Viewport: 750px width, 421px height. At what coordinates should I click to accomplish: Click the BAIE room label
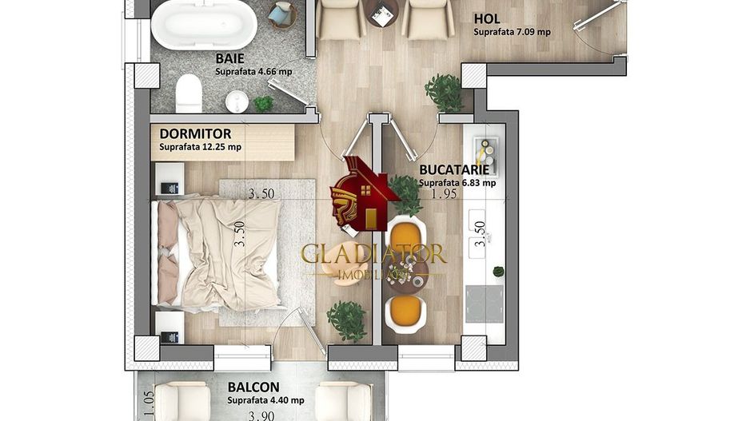[x=230, y=58]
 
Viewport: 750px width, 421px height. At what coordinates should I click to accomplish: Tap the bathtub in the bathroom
[x=204, y=25]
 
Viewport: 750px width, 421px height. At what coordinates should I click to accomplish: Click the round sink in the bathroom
[x=237, y=101]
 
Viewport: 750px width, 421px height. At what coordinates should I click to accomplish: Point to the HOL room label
[x=489, y=18]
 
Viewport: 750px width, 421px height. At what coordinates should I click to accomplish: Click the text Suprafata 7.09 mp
[x=513, y=33]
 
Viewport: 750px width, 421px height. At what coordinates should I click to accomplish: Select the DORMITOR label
[x=195, y=133]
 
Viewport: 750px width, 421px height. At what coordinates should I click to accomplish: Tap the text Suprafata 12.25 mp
[x=200, y=147]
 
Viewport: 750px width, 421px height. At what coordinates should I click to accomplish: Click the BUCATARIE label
[x=453, y=169]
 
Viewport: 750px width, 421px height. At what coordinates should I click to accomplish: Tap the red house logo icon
[x=364, y=194]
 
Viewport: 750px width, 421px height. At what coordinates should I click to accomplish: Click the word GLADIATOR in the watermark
[x=373, y=254]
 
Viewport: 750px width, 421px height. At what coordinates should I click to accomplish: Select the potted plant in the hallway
[x=444, y=93]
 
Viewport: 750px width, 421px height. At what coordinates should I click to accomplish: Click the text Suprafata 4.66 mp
[x=253, y=71]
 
